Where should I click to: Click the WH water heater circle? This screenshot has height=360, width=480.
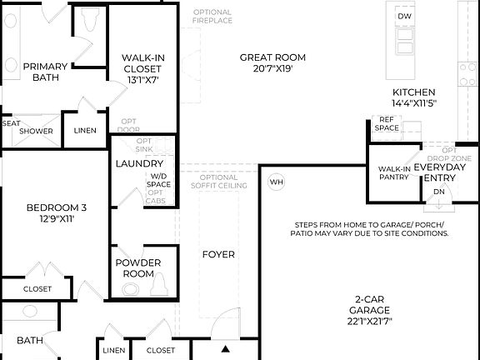point(277,182)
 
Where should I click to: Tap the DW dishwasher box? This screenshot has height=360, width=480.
point(404,17)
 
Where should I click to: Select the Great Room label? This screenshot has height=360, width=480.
point(272,63)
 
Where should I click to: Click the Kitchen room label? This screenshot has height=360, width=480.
point(414,97)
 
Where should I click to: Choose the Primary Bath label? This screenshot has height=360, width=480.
point(45,72)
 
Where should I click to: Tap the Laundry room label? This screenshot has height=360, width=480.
point(138,164)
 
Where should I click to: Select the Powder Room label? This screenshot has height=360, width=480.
point(138,267)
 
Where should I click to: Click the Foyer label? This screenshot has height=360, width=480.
point(218,254)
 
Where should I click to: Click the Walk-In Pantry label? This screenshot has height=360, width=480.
point(394,172)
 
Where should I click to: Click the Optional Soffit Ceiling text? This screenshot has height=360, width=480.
point(219,182)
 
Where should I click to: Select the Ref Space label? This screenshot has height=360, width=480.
point(386,123)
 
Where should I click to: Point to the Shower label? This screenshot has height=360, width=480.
point(37,131)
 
